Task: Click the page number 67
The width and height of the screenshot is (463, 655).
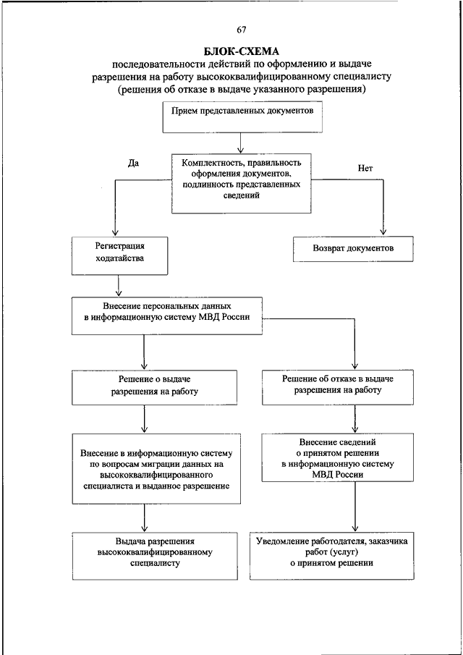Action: pos(241,30)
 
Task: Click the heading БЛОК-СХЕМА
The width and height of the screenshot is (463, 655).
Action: pos(242,52)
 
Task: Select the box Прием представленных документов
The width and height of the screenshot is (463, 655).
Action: pos(242,118)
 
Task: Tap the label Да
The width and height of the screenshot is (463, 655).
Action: pos(133,163)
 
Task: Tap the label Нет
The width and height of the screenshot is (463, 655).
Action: pos(365,169)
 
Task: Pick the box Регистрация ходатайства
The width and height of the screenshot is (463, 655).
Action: pos(120,256)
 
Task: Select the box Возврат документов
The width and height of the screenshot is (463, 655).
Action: pos(353,249)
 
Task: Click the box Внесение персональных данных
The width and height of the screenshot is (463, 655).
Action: pos(167,316)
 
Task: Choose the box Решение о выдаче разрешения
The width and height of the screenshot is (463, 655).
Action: pos(155,387)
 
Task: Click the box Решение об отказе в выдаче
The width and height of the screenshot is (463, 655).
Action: pos(338,386)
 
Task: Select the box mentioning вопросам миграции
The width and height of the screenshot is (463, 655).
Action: pos(156,468)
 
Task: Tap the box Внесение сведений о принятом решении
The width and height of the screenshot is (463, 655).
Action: pos(338,458)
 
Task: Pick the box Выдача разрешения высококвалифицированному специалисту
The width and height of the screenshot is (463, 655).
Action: pos(155,556)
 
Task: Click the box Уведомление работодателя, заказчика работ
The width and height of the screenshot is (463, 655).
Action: pos(332,556)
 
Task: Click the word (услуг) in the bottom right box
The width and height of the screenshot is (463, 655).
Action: pos(345,552)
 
